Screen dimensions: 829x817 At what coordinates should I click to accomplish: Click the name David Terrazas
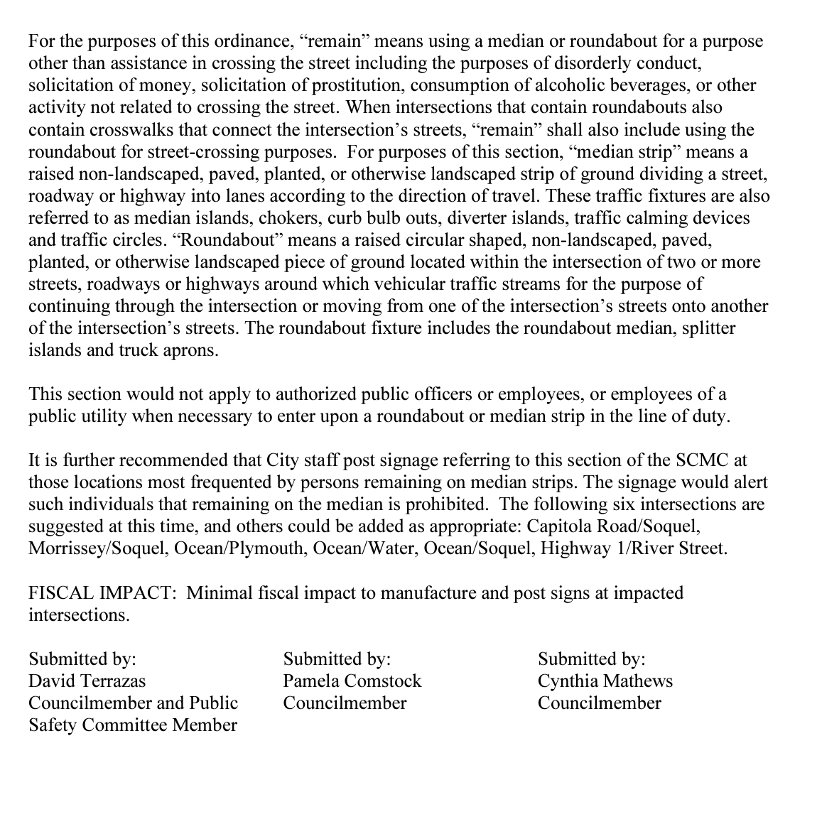click(87, 681)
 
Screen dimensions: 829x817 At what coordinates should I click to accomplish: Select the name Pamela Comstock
click(352, 681)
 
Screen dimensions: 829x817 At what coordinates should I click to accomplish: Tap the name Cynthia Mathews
click(605, 681)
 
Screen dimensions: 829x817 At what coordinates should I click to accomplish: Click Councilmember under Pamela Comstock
click(345, 703)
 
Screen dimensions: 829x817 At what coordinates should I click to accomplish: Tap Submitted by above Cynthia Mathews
click(591, 659)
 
